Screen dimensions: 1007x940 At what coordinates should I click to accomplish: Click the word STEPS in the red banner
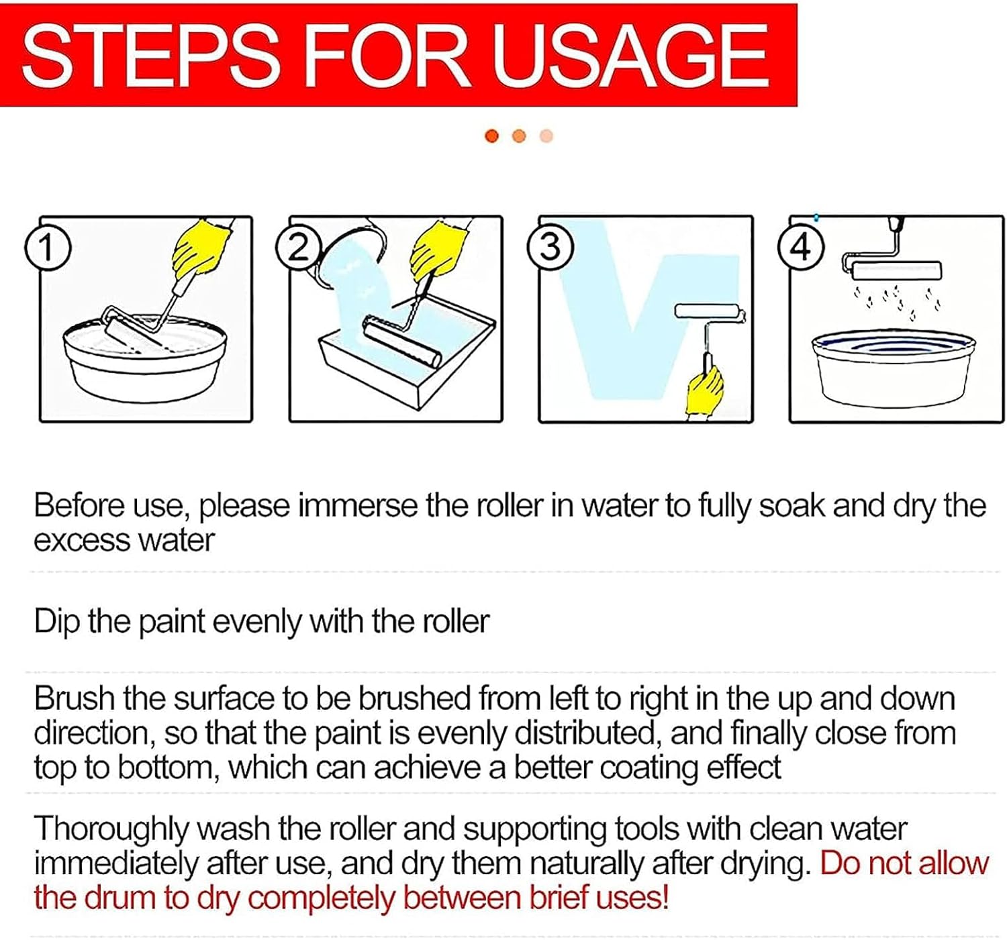(x=150, y=56)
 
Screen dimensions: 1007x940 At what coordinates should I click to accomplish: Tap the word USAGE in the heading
(x=630, y=56)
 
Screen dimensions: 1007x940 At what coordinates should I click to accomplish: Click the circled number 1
(x=48, y=248)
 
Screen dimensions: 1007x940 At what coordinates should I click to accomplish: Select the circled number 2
(x=298, y=248)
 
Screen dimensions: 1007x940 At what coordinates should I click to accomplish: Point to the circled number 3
(x=549, y=248)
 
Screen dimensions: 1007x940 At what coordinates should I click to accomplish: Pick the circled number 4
(x=801, y=248)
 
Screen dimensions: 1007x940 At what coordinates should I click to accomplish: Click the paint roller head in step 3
(x=708, y=314)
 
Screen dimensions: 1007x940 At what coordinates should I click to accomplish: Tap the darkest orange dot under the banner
(x=492, y=136)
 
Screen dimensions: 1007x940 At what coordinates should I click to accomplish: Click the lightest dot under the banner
(x=546, y=136)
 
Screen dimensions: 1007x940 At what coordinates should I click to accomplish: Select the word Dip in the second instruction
(x=56, y=622)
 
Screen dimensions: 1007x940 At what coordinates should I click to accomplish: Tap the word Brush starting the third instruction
(x=75, y=699)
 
